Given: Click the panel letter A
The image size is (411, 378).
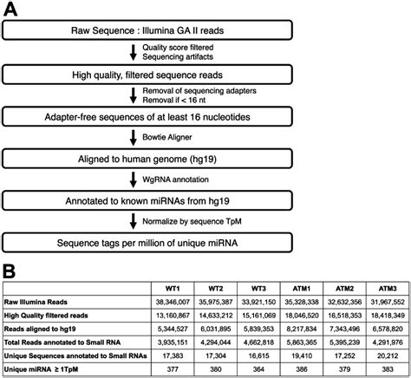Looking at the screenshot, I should tap(12, 11).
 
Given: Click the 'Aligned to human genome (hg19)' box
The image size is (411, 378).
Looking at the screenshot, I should tap(131, 158).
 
